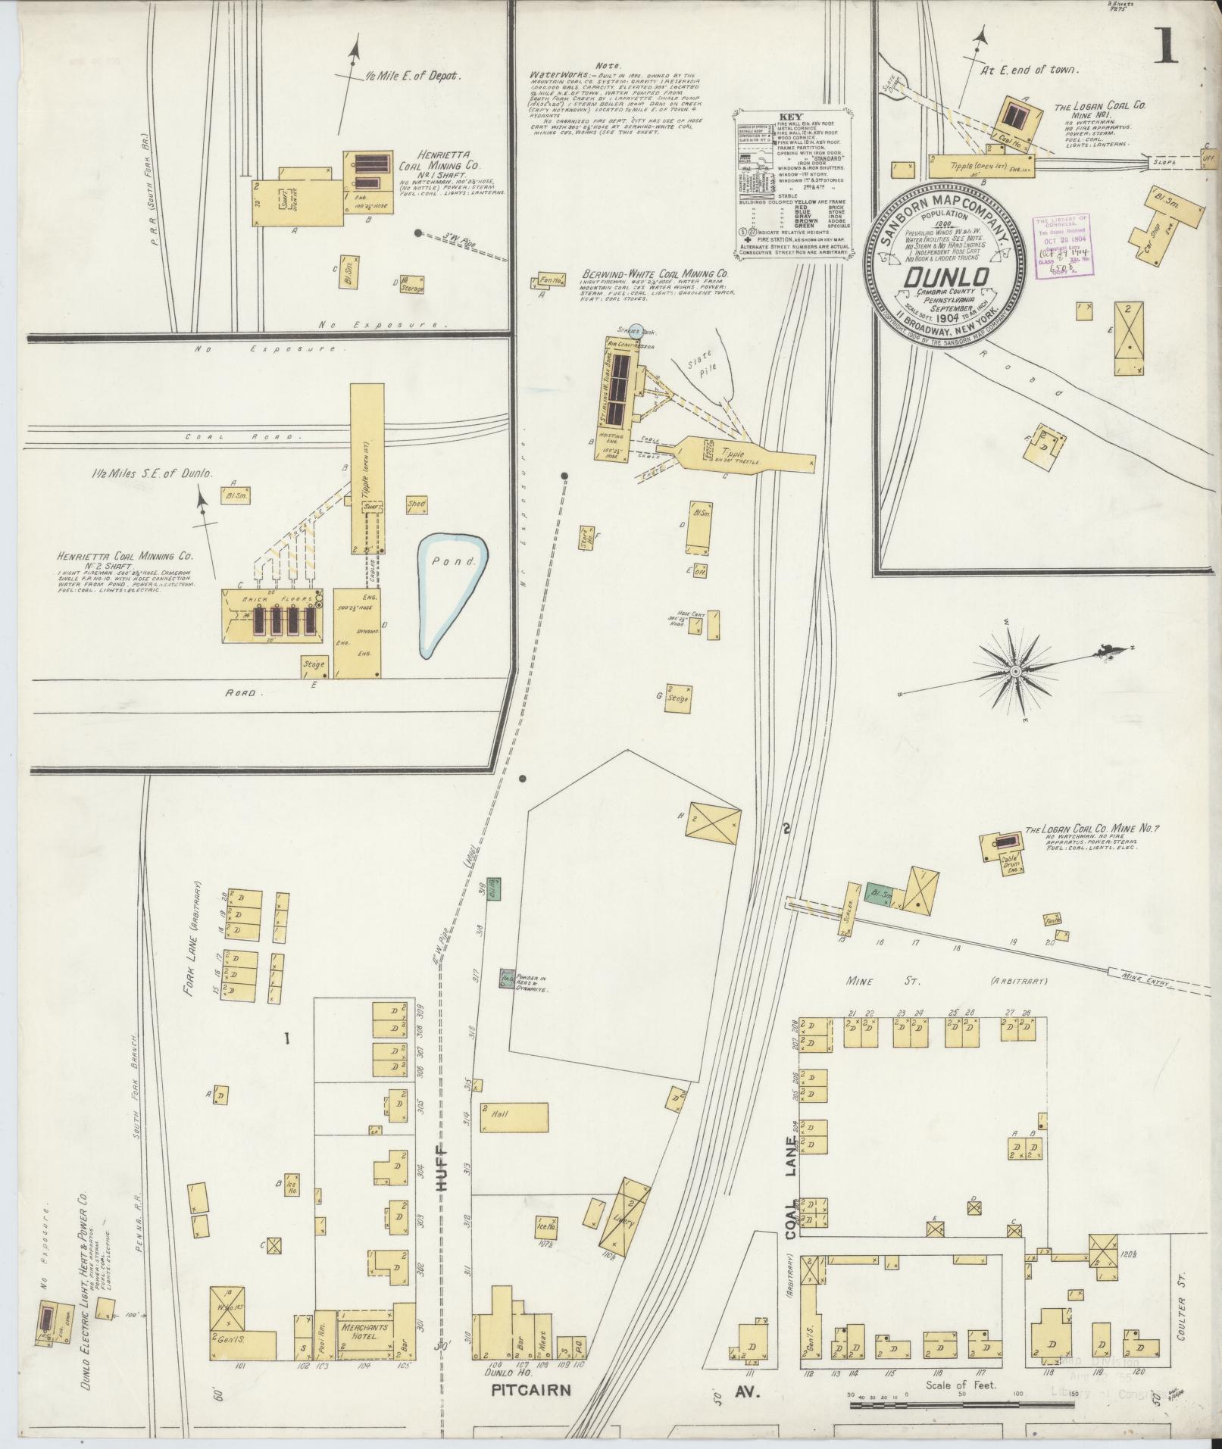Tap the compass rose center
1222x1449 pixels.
point(1014,671)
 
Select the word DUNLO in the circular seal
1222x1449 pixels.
point(945,278)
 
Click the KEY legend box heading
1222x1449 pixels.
point(789,117)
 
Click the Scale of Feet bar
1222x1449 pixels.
point(961,1406)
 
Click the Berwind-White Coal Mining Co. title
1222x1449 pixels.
point(656,274)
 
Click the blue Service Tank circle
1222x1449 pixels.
point(636,329)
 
